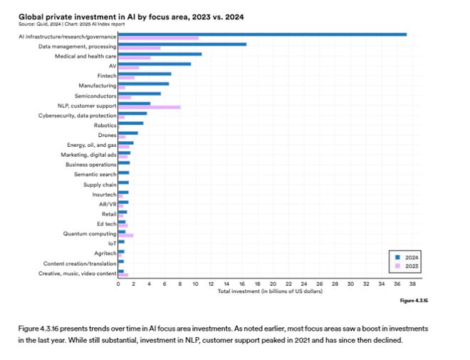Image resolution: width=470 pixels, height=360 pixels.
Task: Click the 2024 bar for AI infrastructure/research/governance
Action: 262,34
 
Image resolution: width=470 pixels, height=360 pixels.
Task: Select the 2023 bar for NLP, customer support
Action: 149,107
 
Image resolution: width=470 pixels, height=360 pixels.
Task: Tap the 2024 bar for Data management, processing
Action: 182,44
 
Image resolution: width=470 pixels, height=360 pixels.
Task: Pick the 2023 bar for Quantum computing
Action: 125,235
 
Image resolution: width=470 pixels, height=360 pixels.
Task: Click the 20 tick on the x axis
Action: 273,284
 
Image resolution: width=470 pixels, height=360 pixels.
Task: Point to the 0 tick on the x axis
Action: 118,284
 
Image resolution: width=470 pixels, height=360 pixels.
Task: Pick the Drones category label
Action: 107,135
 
